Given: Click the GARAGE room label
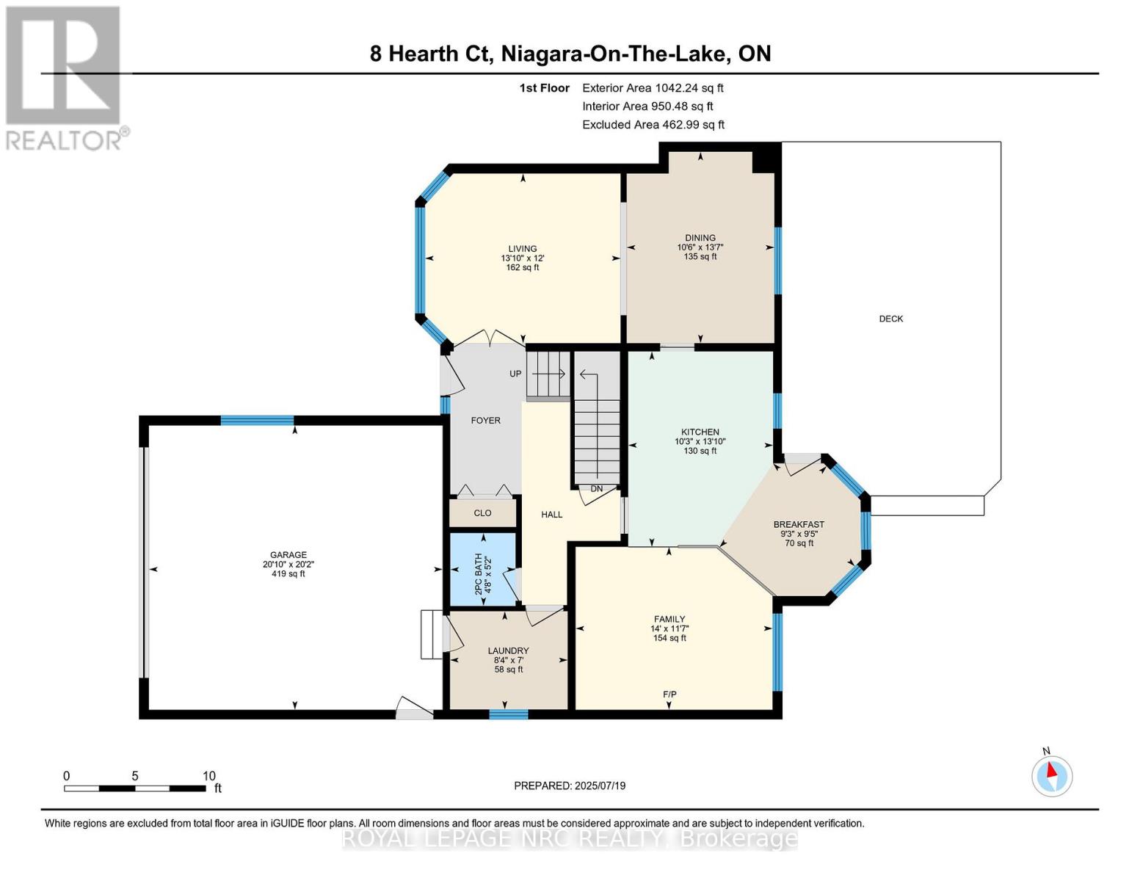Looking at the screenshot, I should click(x=288, y=555).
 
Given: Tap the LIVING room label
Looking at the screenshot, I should click(x=522, y=249).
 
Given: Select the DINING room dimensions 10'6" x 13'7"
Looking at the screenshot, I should click(x=700, y=247).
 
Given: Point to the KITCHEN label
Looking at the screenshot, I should click(x=700, y=432).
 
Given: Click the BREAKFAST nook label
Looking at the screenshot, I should click(x=799, y=525).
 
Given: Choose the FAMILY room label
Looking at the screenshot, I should click(x=669, y=620).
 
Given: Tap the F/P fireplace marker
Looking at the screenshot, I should click(x=669, y=695).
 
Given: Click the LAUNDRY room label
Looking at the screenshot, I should click(x=508, y=651).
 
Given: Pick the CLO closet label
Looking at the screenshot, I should click(x=482, y=513).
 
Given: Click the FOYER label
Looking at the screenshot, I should click(x=485, y=421).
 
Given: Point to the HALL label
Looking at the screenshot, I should click(x=551, y=515).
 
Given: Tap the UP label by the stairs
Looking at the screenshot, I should click(x=515, y=374).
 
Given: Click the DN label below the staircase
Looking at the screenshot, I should click(x=596, y=489).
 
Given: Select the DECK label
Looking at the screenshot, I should click(x=890, y=319).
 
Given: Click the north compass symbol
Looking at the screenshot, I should click(x=1052, y=775).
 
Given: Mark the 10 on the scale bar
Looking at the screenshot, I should click(x=208, y=776).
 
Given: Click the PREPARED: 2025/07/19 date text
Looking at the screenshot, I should click(x=570, y=786).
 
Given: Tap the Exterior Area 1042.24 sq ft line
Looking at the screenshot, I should click(x=653, y=88).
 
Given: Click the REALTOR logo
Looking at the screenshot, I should click(x=65, y=77).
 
